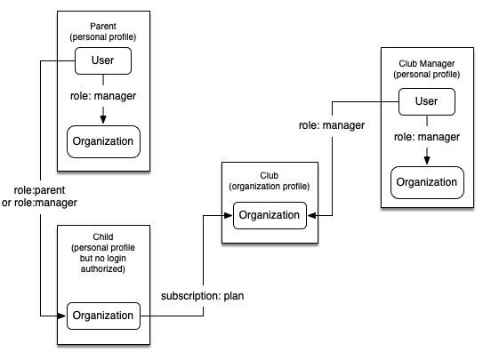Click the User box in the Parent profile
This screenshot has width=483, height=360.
pos(103,60)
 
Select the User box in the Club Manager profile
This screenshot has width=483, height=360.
pos(427,102)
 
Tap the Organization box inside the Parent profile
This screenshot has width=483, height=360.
pos(103,141)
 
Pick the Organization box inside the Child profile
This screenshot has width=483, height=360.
pos(103,316)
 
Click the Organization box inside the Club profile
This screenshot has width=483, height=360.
pos(270,215)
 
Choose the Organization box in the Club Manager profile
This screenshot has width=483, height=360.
pos(427,182)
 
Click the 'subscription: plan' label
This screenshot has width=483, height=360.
pos(203,296)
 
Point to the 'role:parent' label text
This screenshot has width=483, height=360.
pos(39,190)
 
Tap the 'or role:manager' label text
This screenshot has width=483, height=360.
pos(39,203)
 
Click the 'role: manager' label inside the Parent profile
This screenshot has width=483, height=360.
pos(103,96)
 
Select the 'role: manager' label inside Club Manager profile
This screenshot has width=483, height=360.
pos(427,137)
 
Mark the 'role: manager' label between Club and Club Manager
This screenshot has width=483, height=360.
pos(332,125)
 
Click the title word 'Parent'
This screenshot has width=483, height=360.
pos(103,26)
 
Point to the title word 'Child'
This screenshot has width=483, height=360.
pos(103,236)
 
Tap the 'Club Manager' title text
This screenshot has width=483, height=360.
pos(427,63)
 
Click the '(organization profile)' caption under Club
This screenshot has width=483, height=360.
pos(270,187)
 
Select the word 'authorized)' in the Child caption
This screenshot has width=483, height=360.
pos(103,269)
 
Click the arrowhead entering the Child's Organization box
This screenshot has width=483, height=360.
pos(61,316)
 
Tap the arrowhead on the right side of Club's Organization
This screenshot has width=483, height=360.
pos(311,215)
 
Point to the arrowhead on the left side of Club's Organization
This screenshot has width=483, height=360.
pos(229,215)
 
